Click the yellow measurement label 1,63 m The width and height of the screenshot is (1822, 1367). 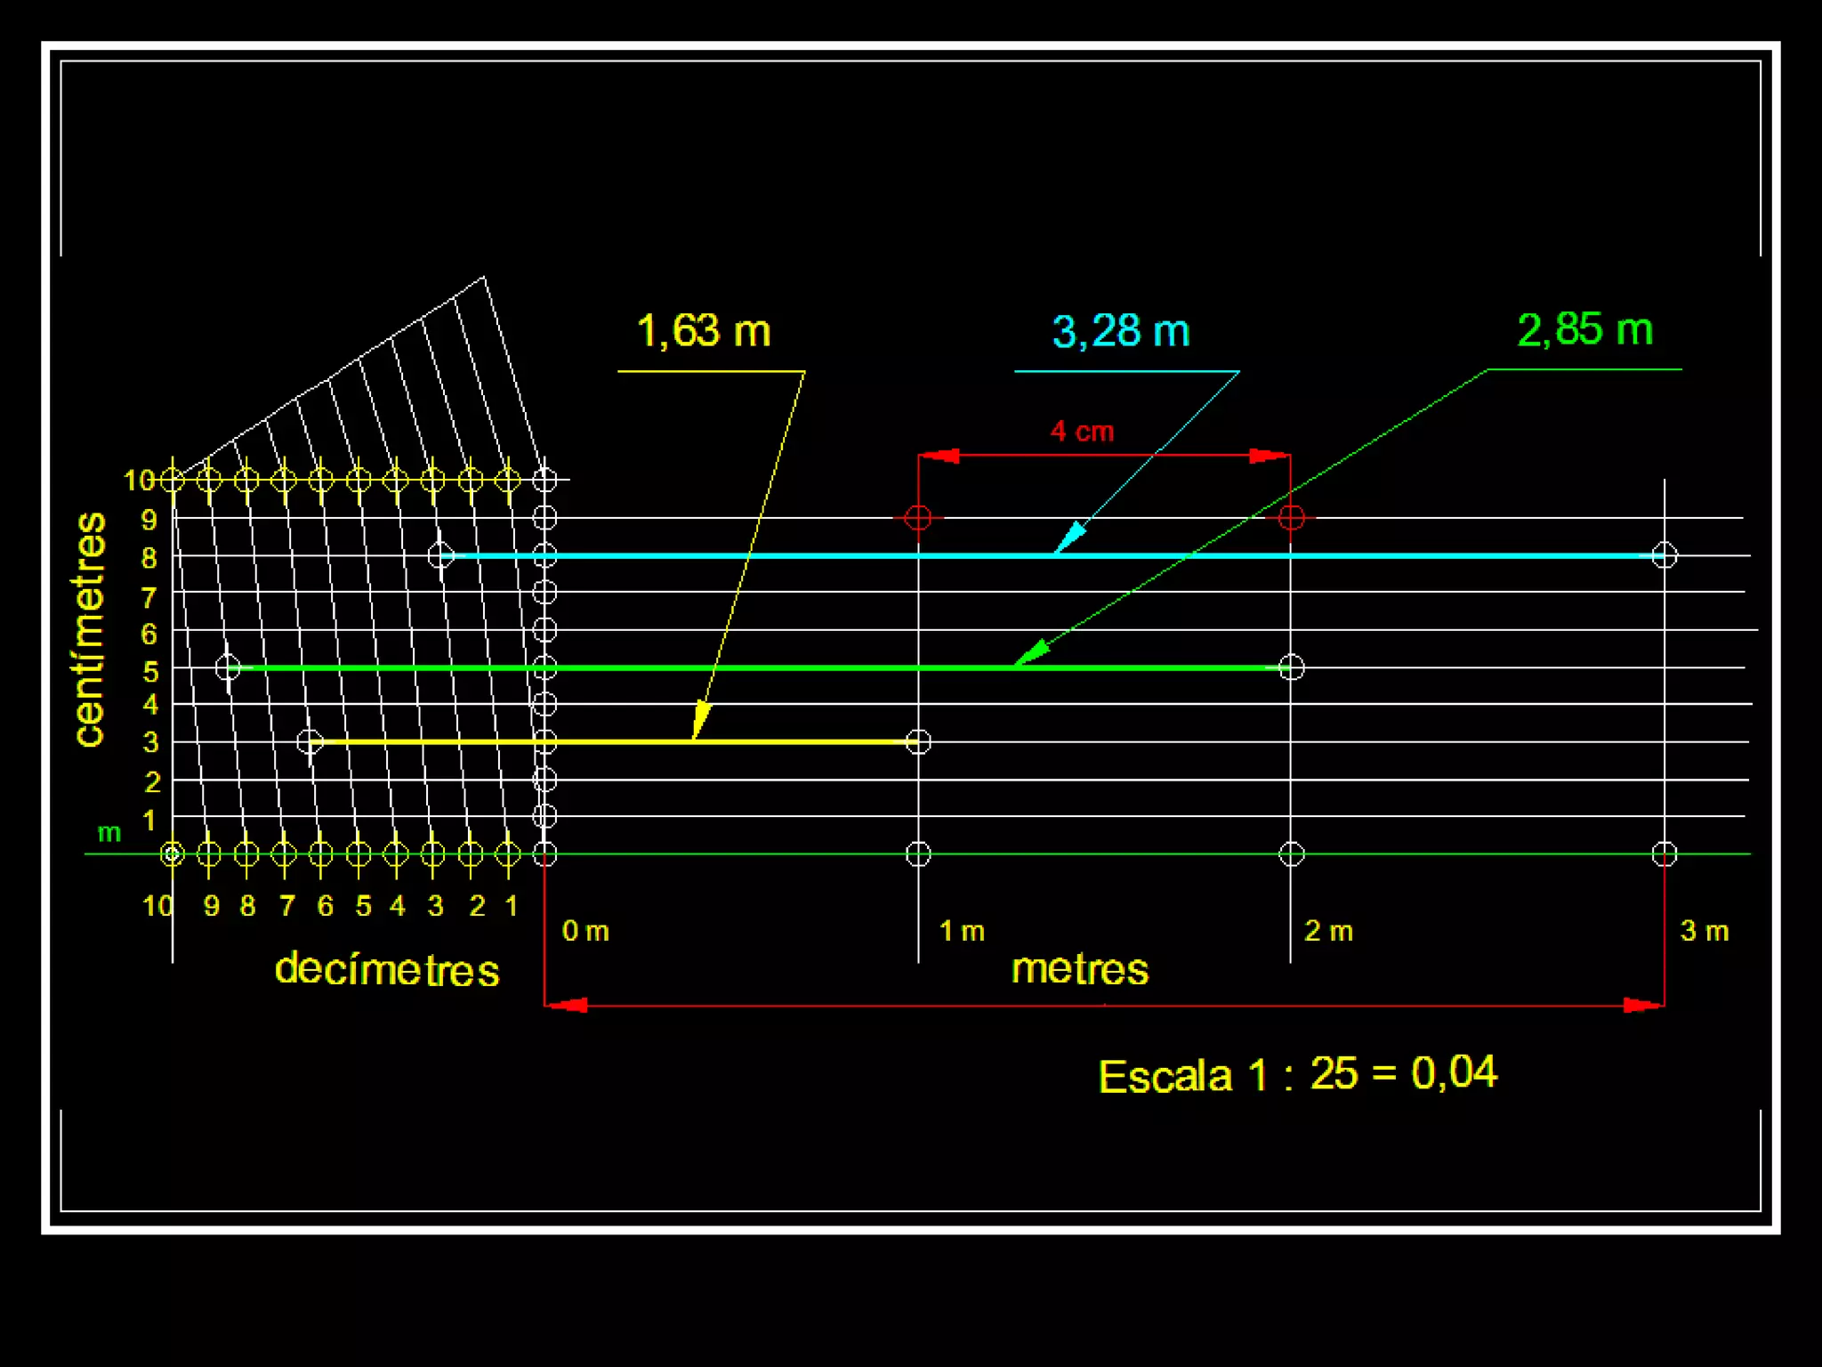tap(704, 331)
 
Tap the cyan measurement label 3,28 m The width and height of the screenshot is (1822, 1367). tap(1121, 331)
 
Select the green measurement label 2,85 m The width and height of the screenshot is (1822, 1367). tap(1584, 329)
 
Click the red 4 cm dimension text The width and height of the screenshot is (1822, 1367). tap(1082, 432)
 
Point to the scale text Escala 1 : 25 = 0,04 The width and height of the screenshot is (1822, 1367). tap(1298, 1074)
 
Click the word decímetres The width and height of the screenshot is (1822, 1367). tap(387, 969)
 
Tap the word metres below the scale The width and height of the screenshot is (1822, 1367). tap(1080, 968)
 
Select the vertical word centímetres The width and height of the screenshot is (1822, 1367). tap(90, 629)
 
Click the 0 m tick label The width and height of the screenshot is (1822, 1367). tap(585, 931)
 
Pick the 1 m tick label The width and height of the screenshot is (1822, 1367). tap(962, 931)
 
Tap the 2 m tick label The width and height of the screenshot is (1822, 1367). tap(1328, 931)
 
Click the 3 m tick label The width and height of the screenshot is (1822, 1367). tap(1704, 931)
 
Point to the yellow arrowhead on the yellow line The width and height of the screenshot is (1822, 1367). tap(701, 719)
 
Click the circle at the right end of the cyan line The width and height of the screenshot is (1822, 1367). tap(1665, 555)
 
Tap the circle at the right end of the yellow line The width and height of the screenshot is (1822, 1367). tap(918, 741)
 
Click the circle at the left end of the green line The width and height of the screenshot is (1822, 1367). tap(228, 667)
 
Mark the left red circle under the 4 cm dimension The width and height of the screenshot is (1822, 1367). tap(918, 517)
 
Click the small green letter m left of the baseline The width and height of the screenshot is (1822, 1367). tap(109, 833)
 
